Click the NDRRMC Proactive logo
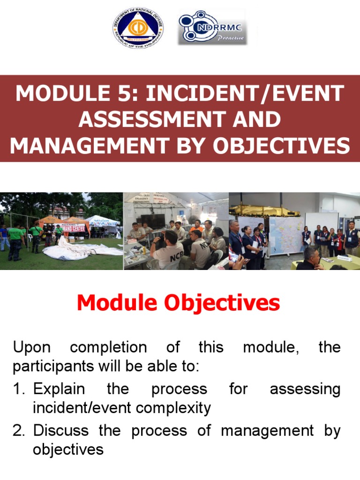point(212,29)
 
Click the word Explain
point(59,390)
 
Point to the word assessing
point(305,390)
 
